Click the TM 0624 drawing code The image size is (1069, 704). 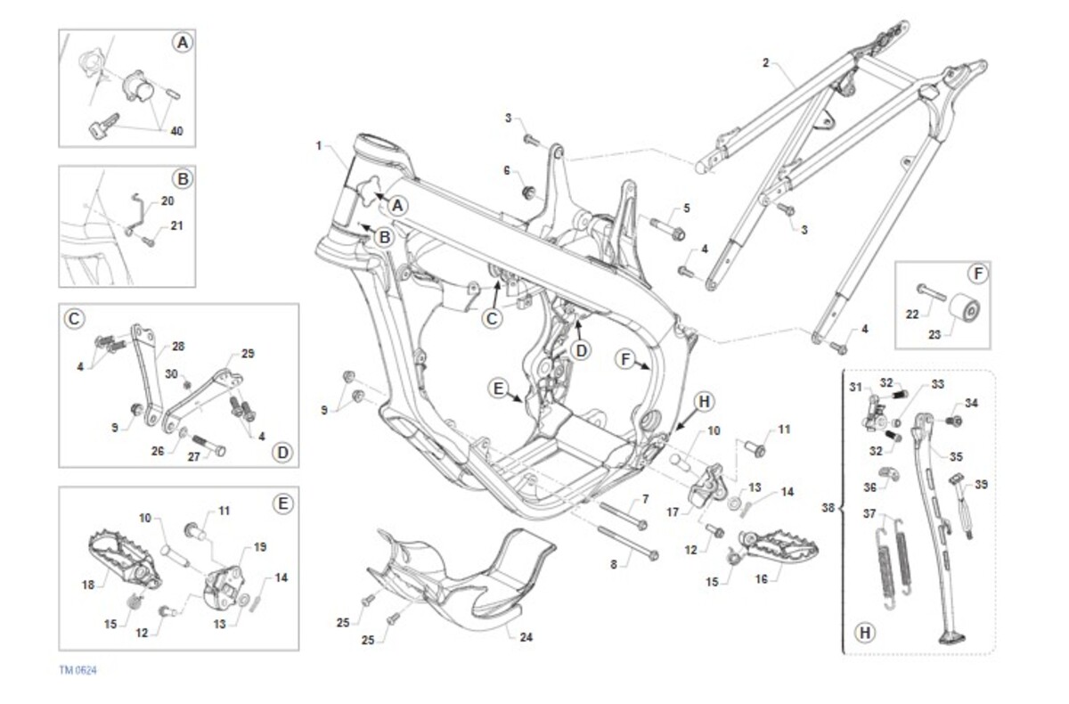78,670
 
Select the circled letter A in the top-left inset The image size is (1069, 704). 182,43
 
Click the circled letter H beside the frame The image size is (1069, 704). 703,402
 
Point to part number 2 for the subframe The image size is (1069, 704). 765,63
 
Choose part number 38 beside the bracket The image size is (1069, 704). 828,508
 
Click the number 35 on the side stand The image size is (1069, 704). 955,456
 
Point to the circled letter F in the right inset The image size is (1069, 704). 976,272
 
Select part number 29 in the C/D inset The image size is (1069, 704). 247,354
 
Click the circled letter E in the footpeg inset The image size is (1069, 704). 282,503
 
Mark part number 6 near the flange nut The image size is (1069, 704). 507,169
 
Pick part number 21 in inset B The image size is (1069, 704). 175,225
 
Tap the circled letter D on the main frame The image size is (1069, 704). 580,350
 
